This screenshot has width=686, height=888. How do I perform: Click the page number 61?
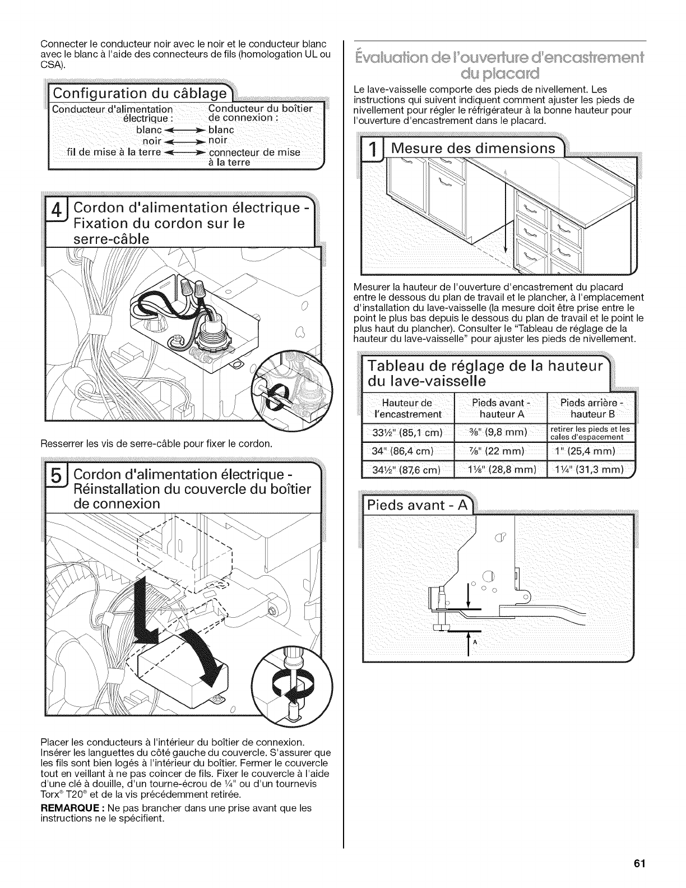(x=641, y=864)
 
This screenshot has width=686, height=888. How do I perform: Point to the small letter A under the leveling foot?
(x=474, y=642)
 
